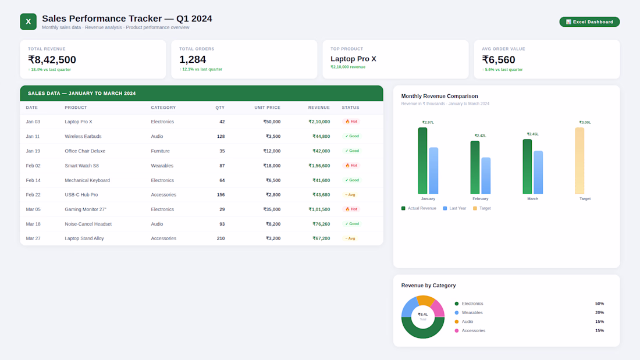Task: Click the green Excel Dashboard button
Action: pyautogui.click(x=589, y=22)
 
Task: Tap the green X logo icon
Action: pyautogui.click(x=28, y=22)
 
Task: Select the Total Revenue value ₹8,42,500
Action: pyautogui.click(x=52, y=60)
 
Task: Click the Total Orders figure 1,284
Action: pyautogui.click(x=193, y=60)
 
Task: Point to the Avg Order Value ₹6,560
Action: pyautogui.click(x=499, y=60)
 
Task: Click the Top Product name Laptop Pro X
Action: pyautogui.click(x=353, y=59)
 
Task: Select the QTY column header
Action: pyautogui.click(x=220, y=108)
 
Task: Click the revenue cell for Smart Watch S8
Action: pyautogui.click(x=319, y=166)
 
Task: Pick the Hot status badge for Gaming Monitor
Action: pyautogui.click(x=351, y=209)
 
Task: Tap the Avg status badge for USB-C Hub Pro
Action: pyautogui.click(x=350, y=195)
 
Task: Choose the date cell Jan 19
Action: pyautogui.click(x=33, y=151)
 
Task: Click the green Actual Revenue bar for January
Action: pyautogui.click(x=422, y=161)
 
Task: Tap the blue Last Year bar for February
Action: pyautogui.click(x=486, y=176)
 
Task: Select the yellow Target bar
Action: pyautogui.click(x=579, y=161)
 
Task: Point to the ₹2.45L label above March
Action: pyautogui.click(x=532, y=134)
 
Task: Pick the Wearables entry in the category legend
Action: pyautogui.click(x=472, y=312)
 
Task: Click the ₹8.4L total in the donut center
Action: pyautogui.click(x=423, y=315)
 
